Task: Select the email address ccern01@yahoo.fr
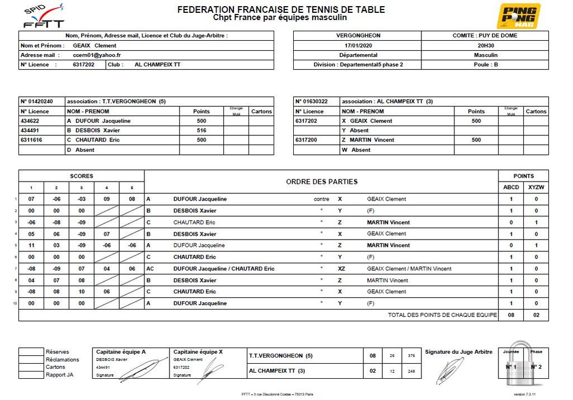[97, 55]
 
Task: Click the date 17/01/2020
[358, 45]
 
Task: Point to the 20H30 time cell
[485, 45]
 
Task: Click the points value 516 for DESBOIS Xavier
[201, 131]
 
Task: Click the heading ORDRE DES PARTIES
[321, 182]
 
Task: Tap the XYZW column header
[536, 188]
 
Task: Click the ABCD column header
[511, 188]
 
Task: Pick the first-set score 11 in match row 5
[32, 245]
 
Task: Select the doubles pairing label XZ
[341, 269]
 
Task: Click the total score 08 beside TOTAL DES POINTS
[511, 315]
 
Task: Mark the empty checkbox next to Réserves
[31, 352]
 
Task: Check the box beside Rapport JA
[31, 375]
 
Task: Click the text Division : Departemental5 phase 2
[358, 65]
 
